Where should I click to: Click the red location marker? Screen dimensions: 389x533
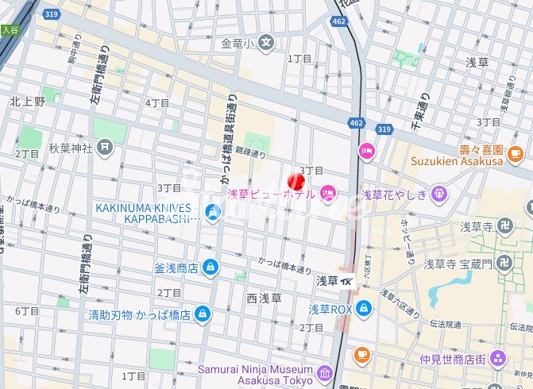pyautogui.click(x=295, y=180)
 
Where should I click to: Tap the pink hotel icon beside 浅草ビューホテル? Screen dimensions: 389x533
pyautogui.click(x=328, y=192)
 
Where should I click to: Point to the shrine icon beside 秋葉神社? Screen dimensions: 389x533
pyautogui.click(x=106, y=147)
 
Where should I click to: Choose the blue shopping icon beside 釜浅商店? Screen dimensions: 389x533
pyautogui.click(x=210, y=268)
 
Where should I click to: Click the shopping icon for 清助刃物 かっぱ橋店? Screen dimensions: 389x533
pyautogui.click(x=203, y=313)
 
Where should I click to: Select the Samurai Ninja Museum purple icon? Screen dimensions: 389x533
pyautogui.click(x=324, y=373)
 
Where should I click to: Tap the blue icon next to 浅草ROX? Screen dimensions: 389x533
pyautogui.click(x=364, y=308)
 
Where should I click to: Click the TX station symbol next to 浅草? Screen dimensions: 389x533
pyautogui.click(x=348, y=280)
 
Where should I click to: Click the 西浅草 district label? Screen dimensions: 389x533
pyautogui.click(x=264, y=298)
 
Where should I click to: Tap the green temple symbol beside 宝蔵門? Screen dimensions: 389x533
pyautogui.click(x=502, y=264)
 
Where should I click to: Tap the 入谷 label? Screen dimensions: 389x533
pyautogui.click(x=9, y=30)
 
